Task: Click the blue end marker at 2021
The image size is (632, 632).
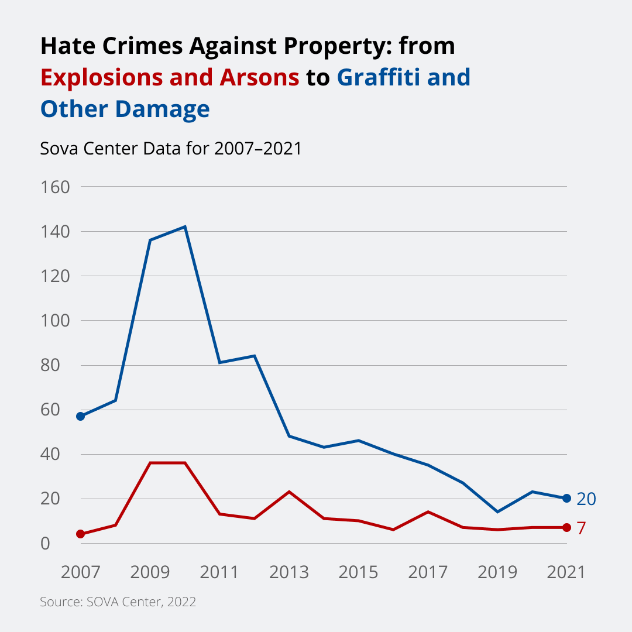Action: (566, 499)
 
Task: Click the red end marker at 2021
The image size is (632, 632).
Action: (566, 528)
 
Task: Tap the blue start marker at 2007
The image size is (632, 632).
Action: (81, 416)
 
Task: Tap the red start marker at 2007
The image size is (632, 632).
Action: (81, 534)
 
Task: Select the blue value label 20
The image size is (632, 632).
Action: (586, 499)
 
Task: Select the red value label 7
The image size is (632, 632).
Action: (581, 528)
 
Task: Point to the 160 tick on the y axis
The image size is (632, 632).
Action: (55, 187)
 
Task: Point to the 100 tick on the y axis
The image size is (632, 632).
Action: (55, 321)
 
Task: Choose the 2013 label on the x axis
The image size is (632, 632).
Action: (289, 572)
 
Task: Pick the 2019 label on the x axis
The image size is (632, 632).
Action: (497, 572)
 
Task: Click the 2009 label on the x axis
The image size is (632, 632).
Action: (150, 572)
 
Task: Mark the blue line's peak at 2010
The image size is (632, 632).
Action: (185, 226)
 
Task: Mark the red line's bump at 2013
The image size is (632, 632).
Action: (289, 492)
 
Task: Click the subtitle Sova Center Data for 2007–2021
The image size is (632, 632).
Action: (170, 149)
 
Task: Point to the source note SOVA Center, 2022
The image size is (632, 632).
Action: (118, 602)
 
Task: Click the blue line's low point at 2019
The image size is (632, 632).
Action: (497, 512)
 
